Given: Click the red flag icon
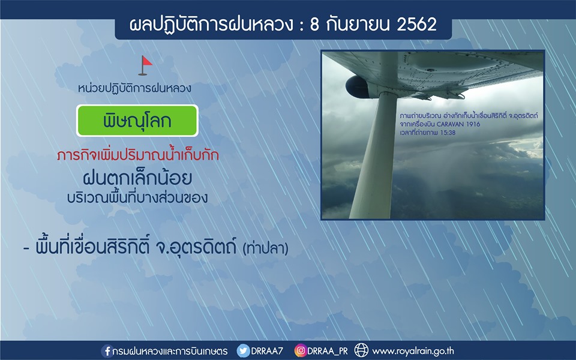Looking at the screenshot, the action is point(145,65).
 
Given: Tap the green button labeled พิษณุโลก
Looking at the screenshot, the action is point(137,121).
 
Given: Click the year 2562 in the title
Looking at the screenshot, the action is point(416,25).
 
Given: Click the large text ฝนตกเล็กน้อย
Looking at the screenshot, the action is point(137,178).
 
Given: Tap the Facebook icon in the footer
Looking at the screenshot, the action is point(107,351).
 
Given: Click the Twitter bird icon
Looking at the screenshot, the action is point(243,351).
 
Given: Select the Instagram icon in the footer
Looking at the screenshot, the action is point(300,351).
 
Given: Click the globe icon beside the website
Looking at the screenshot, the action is point(361,350).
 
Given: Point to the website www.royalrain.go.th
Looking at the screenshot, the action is point(413,351).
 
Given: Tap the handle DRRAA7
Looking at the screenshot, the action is point(267,351).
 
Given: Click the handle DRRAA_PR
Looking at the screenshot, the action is point(328,351).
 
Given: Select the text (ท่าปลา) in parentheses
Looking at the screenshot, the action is point(265,248).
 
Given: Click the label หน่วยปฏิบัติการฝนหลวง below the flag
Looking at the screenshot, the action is point(134,88).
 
